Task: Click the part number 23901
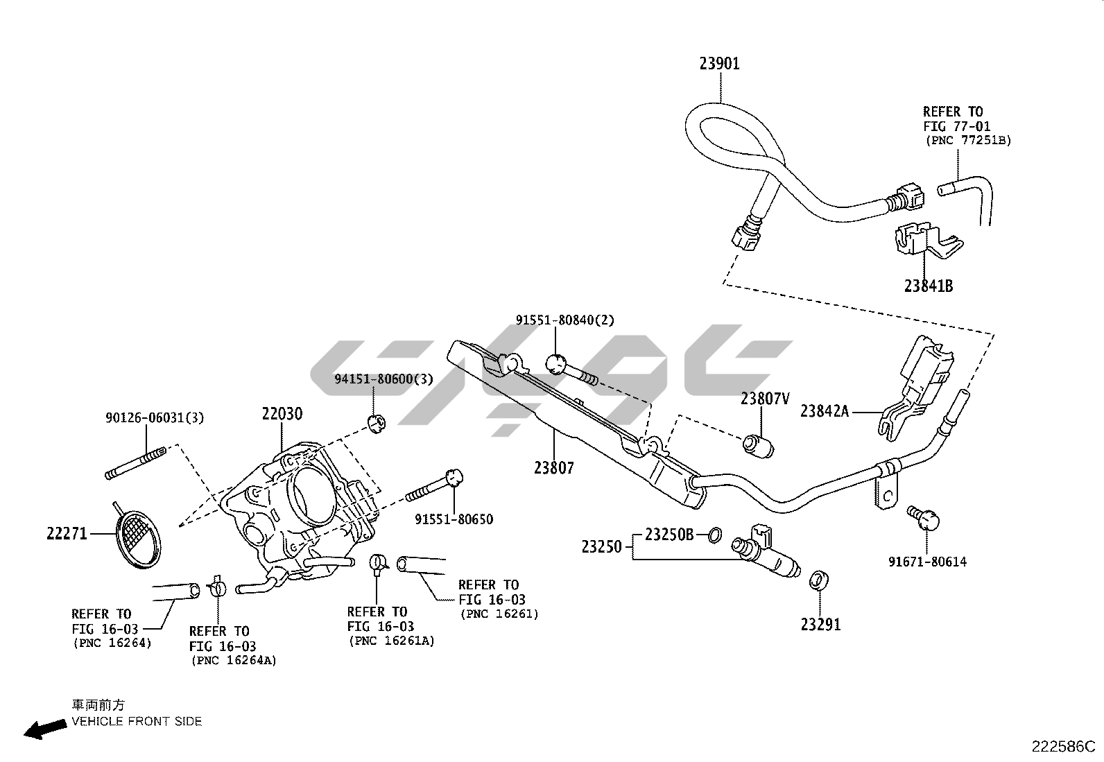(719, 64)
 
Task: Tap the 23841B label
(928, 286)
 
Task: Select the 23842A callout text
(824, 411)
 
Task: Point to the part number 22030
(282, 414)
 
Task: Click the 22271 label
(67, 533)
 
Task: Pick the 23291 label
(820, 624)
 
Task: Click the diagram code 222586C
(1063, 746)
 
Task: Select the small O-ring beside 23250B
(714, 535)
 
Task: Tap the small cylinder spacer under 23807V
(759, 445)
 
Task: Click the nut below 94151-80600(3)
(375, 423)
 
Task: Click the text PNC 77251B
(968, 140)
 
